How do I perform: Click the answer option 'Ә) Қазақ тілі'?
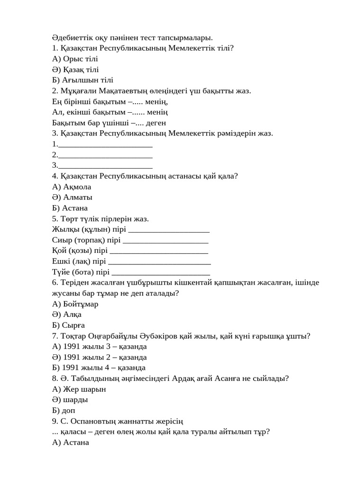click(75, 70)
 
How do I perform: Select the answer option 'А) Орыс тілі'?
click(75, 59)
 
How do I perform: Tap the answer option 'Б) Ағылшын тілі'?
click(82, 80)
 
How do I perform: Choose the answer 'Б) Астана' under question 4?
click(70, 208)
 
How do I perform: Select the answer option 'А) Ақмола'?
click(72, 187)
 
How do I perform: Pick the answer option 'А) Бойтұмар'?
click(75, 304)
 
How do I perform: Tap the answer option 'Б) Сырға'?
click(69, 325)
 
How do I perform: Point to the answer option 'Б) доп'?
click(64, 411)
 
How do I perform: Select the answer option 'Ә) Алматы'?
click(72, 198)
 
